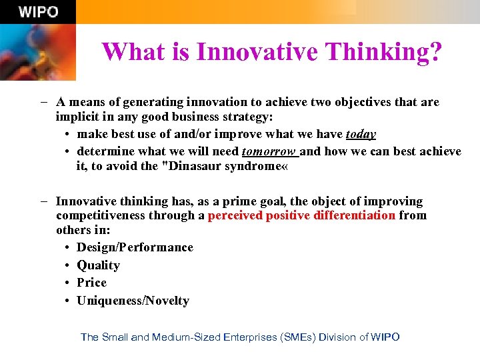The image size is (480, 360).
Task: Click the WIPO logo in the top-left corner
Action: pyautogui.click(x=38, y=12)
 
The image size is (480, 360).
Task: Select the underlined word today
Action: pyautogui.click(x=361, y=134)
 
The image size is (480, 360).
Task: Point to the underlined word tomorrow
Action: pyautogui.click(x=269, y=151)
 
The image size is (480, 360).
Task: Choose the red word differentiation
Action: pyautogui.click(x=351, y=215)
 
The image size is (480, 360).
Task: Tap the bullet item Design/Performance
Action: pyautogui.click(x=135, y=247)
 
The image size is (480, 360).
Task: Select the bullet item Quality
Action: pyautogui.click(x=98, y=265)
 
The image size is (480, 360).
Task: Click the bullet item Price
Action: pyautogui.click(x=91, y=283)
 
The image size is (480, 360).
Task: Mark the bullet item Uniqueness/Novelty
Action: pyautogui.click(x=133, y=301)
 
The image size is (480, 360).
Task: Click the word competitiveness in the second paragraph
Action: pyautogui.click(x=101, y=215)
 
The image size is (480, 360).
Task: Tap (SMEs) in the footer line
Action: pyautogui.click(x=297, y=337)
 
